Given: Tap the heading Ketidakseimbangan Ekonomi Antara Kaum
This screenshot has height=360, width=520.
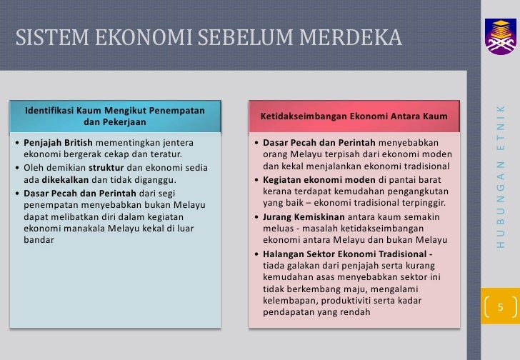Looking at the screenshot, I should click(x=354, y=116).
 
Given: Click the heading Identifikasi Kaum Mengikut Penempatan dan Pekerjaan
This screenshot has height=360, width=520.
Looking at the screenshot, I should click(x=115, y=116).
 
